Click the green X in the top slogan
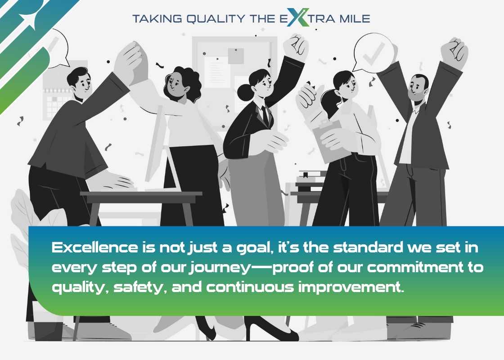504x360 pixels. point(298,18)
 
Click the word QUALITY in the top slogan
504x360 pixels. point(216,18)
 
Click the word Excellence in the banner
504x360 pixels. point(95,247)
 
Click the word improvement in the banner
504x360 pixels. point(351,287)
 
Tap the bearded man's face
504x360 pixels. point(417,88)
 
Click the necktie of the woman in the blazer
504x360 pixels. point(265,115)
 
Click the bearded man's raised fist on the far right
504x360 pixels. point(454,53)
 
